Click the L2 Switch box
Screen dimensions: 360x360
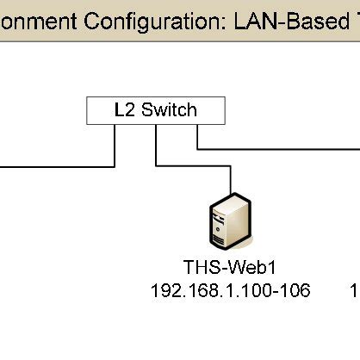(x=156, y=110)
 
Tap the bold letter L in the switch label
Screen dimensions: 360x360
(x=119, y=110)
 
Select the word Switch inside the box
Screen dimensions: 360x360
(x=169, y=110)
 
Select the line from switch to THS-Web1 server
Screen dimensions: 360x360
(x=157, y=146)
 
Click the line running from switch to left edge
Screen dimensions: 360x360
(x=52, y=165)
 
